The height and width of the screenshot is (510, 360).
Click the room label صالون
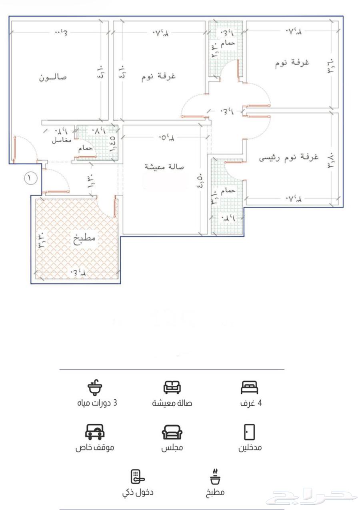(53, 77)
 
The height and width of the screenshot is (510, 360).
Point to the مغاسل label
(62, 141)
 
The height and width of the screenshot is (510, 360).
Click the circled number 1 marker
(31, 178)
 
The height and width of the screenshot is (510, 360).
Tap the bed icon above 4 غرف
(250, 387)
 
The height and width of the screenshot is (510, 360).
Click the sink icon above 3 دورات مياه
(95, 387)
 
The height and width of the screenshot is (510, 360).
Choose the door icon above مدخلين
(250, 432)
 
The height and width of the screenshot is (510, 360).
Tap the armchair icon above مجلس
(172, 432)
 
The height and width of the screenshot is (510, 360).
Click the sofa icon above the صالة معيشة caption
(172, 387)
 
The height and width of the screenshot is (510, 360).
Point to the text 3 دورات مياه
(97, 403)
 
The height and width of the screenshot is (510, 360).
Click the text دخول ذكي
(138, 492)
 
